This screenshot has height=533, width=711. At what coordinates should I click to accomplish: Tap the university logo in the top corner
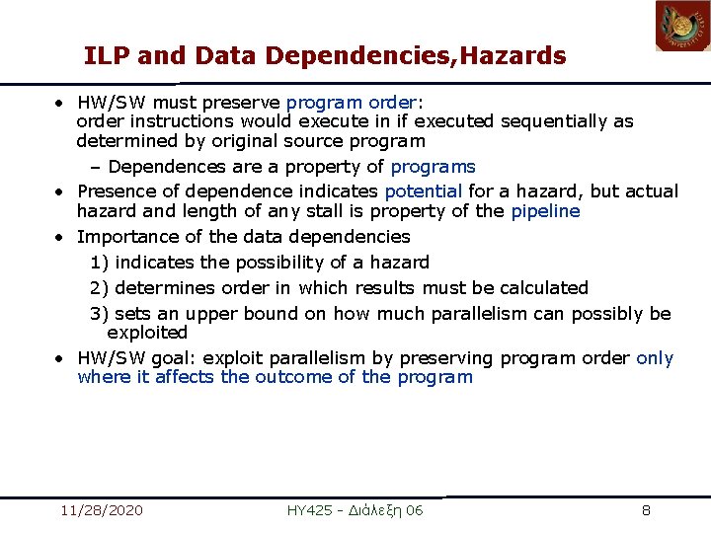[682, 26]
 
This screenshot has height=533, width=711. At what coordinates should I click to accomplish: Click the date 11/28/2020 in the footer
[101, 510]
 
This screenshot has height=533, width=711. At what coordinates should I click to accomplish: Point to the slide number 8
[646, 510]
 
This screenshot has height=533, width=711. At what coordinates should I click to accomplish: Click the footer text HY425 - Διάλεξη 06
[355, 510]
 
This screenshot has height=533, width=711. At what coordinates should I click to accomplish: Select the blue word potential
[423, 190]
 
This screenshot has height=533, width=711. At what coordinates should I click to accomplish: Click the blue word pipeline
[545, 211]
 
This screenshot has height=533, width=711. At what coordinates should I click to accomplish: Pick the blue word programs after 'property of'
[434, 167]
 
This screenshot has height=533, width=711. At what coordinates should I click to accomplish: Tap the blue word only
[655, 357]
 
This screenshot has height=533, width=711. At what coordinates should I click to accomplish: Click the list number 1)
[100, 263]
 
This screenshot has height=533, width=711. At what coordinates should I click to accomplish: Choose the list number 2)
[100, 288]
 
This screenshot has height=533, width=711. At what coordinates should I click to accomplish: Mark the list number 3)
[100, 314]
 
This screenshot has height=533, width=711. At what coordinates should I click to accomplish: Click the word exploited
[147, 334]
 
